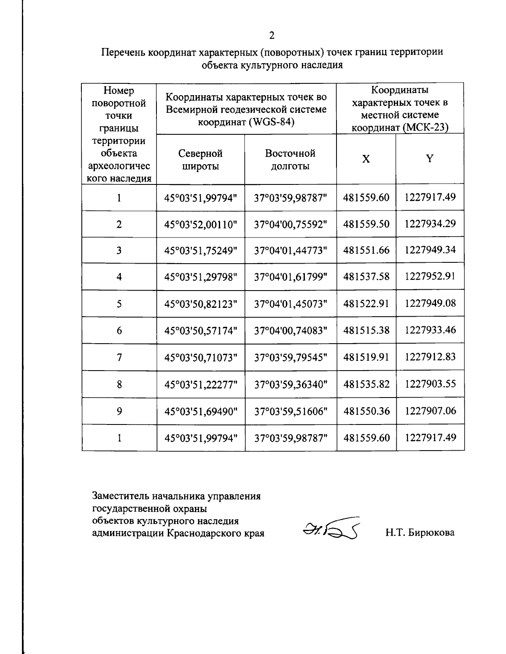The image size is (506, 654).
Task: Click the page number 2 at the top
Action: [x=272, y=35]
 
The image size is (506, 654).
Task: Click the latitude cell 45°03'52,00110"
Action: [x=201, y=224]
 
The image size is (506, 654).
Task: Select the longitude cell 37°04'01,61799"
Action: [x=291, y=277]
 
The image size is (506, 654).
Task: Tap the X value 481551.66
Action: [x=366, y=250]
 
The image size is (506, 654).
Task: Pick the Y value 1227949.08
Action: [x=430, y=303]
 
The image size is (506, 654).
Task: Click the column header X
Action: [x=366, y=159]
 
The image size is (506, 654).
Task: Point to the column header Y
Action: [x=429, y=159]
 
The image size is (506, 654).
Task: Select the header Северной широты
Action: [x=200, y=160]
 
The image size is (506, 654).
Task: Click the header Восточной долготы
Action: [x=290, y=160]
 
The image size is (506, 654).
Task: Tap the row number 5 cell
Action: [x=119, y=304]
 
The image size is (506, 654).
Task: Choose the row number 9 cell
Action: [x=119, y=411]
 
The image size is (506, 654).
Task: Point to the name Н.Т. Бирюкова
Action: [x=420, y=533]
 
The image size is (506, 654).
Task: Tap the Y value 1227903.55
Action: [x=430, y=384]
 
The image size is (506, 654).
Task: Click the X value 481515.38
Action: [x=366, y=331]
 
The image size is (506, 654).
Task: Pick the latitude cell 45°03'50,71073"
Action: [x=201, y=358]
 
